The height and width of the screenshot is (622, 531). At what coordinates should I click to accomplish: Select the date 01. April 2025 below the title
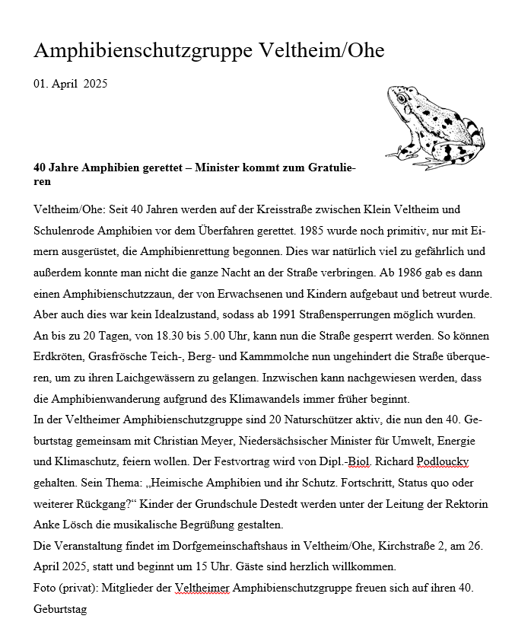click(x=71, y=84)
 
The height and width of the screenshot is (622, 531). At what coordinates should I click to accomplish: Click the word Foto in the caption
click(x=46, y=588)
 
